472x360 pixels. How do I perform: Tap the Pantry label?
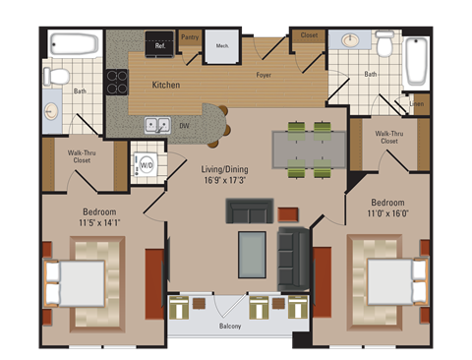(x=190, y=37)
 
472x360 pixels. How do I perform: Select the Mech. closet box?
(x=221, y=45)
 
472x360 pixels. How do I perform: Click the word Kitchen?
(x=165, y=86)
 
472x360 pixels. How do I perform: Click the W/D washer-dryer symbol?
(x=147, y=164)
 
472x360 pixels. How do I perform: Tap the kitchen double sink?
(x=156, y=125)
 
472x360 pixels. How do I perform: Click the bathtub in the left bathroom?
(x=74, y=44)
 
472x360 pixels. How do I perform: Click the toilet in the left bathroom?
(x=58, y=76)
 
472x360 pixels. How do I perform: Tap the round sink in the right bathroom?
(x=350, y=41)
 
